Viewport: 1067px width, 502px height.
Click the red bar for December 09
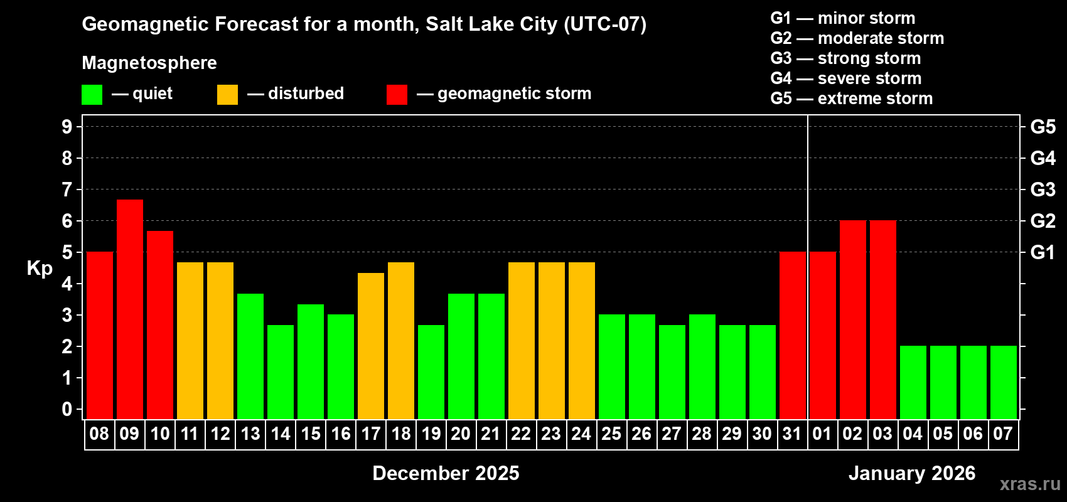pos(130,309)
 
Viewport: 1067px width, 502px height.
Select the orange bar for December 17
pos(371,346)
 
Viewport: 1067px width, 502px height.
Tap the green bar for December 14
pos(281,371)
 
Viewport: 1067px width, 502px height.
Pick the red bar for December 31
pos(793,335)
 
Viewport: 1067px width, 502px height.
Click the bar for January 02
pos(853,319)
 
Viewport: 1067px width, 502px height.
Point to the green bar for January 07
pos(1004,382)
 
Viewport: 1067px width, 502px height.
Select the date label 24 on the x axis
pos(581,434)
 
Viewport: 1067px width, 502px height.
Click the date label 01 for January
pos(822,434)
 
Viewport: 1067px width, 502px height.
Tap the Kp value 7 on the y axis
pos(67,190)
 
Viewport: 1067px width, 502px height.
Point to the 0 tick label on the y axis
pos(67,410)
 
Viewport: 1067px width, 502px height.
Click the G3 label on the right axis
pos(1043,190)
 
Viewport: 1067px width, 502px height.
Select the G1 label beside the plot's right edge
pos(1043,252)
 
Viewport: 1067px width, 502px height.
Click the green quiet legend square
pos(92,95)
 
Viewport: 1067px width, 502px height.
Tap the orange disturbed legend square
pos(228,95)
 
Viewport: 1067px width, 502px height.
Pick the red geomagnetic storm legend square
pos(397,95)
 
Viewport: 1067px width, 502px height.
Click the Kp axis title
pos(40,269)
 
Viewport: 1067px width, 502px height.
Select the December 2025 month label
pos(446,473)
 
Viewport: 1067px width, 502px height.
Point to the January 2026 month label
pos(912,473)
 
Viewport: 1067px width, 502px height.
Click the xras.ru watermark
pos(1030,484)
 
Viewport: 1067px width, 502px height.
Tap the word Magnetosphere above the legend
pos(149,63)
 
